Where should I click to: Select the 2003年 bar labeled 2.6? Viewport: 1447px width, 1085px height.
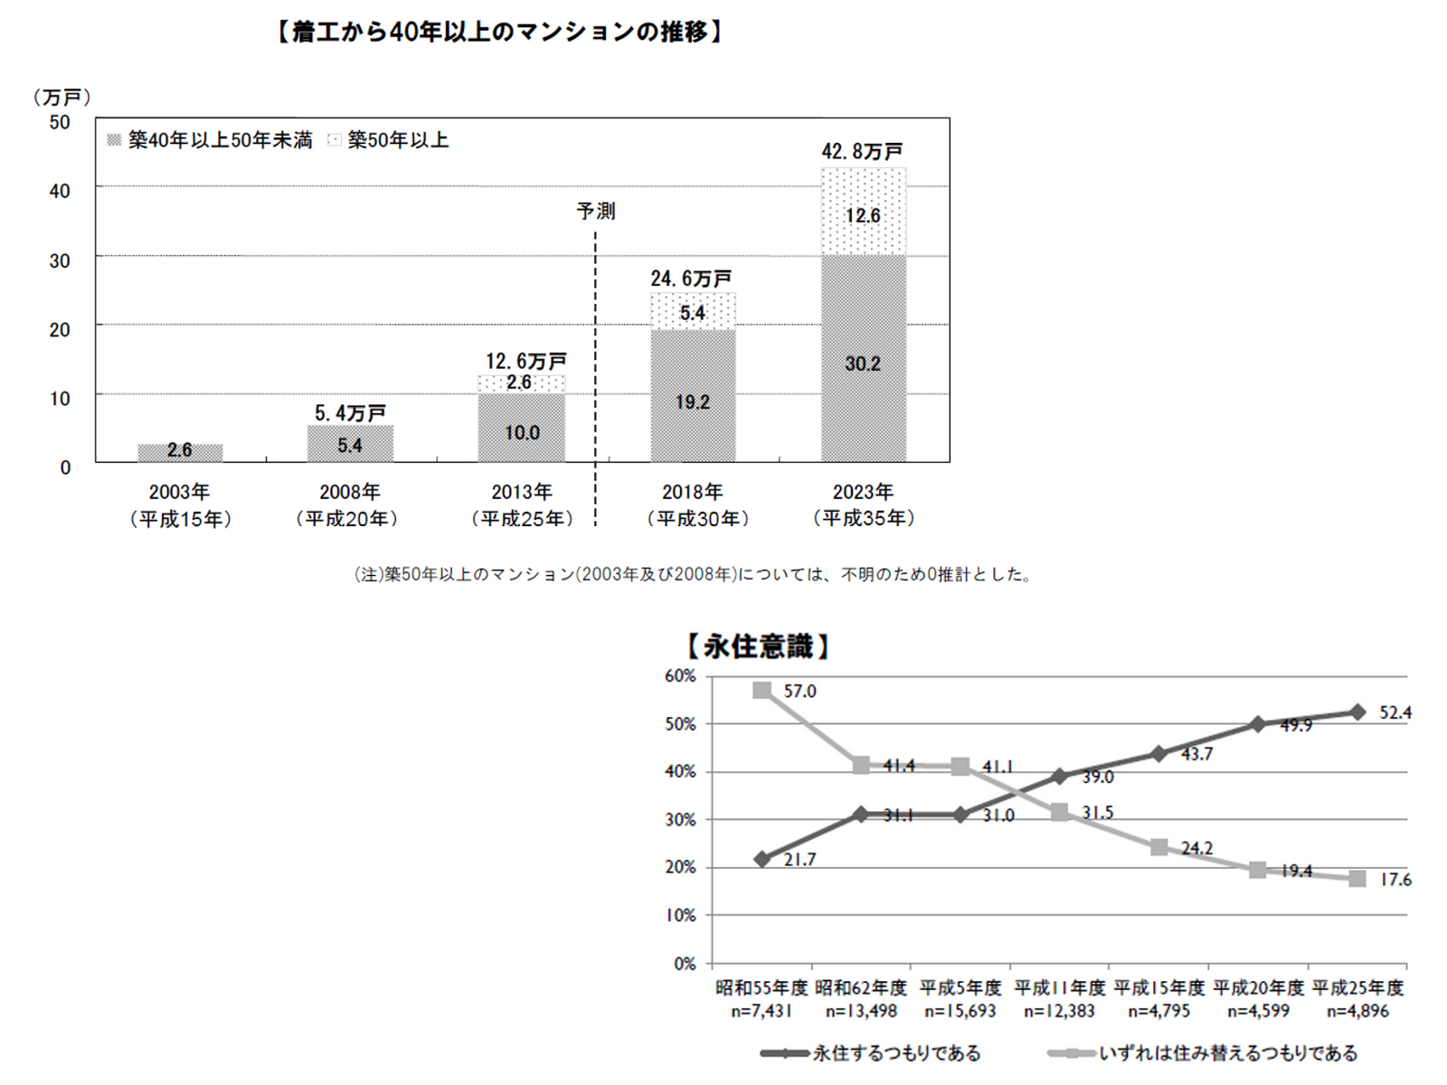(x=180, y=451)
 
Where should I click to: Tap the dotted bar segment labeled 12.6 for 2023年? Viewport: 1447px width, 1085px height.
(x=864, y=212)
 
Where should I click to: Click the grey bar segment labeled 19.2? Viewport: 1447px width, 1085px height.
(x=693, y=398)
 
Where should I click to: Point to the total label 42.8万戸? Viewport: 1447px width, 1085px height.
(x=862, y=151)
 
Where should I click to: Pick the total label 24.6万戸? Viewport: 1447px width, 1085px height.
(x=691, y=278)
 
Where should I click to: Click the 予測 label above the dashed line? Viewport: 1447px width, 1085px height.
(x=596, y=211)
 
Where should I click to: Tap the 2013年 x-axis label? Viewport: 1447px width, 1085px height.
(x=522, y=493)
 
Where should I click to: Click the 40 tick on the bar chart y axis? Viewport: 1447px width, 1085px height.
(x=60, y=191)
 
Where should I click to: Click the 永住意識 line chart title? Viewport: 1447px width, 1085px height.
(x=758, y=646)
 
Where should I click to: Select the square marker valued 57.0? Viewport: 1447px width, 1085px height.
(x=762, y=691)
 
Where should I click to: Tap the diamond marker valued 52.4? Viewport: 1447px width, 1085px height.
(x=1357, y=712)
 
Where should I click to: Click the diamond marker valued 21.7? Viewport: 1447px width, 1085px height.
(x=762, y=859)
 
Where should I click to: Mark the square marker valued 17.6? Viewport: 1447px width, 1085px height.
(x=1357, y=879)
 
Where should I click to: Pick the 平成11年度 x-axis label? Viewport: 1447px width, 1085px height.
(x=1060, y=987)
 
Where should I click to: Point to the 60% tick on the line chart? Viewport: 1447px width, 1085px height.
(x=680, y=676)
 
